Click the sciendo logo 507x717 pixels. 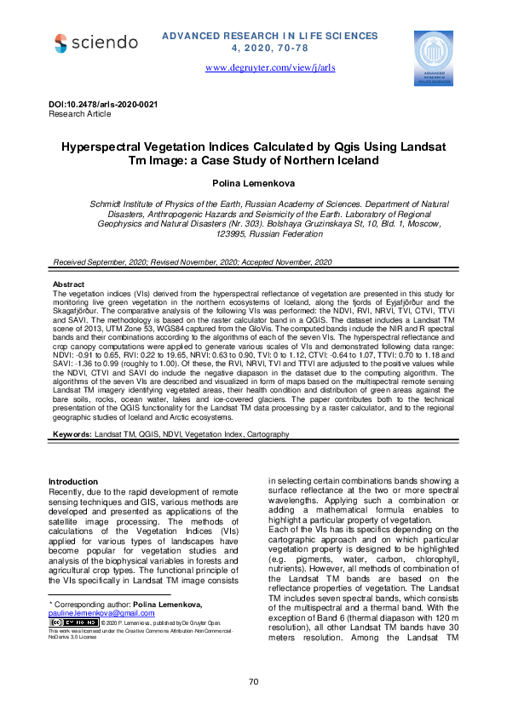pos(95,43)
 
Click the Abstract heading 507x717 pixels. pos(68,284)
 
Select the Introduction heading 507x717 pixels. pos(72,482)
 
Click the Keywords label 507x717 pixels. pos(72,434)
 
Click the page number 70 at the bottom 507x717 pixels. pos(253,681)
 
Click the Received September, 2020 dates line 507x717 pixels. pos(192,262)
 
